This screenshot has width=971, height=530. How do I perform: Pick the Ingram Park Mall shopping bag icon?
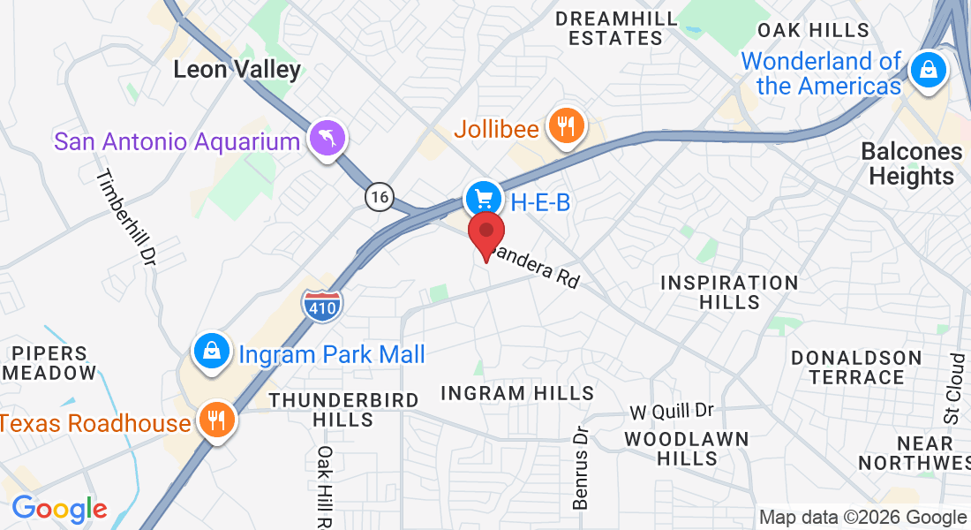pos(212,352)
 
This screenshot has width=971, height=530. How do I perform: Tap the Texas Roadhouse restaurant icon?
pos(215,419)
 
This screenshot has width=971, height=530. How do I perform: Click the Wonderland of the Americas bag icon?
pos(928,70)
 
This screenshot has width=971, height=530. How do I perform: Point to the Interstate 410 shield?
pos(321,305)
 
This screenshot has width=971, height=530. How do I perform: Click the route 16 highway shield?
pos(380,197)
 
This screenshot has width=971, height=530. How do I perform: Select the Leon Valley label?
pos(237,69)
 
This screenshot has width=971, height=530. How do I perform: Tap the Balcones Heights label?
pos(911,163)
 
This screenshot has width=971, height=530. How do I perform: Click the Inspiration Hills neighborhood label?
pos(729,292)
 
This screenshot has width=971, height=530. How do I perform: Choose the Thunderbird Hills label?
pos(343,410)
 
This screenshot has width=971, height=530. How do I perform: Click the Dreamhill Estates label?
pos(616,28)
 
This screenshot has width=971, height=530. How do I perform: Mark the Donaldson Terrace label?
pos(856,367)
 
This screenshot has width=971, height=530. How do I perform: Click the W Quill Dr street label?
pos(671,412)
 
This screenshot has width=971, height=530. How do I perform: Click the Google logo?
pos(59,509)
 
